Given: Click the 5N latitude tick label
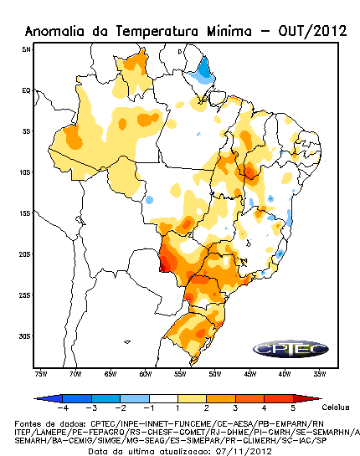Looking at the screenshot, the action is click(26, 49).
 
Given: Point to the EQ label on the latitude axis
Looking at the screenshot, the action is click(26, 90).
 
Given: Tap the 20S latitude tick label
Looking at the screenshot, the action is click(25, 254).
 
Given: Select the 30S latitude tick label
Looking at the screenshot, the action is click(25, 336).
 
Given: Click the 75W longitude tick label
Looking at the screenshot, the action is click(41, 374).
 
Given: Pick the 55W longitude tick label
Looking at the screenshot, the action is click(180, 374).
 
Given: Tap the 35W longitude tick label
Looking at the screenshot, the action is click(320, 374).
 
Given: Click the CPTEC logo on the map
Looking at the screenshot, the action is click(291, 349).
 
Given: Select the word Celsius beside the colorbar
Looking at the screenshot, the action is click(336, 407).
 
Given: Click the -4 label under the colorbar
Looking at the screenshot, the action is click(63, 408).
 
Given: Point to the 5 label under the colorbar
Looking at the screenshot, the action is click(293, 408).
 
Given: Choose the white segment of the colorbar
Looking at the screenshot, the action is click(163, 398).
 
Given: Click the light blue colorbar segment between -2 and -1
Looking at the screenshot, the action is click(135, 398).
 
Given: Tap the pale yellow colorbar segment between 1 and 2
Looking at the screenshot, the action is click(192, 398).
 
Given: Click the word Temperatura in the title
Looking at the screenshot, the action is click(157, 31).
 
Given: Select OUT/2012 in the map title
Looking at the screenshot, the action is click(312, 31).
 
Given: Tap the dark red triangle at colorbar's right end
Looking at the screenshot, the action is click(306, 398).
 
